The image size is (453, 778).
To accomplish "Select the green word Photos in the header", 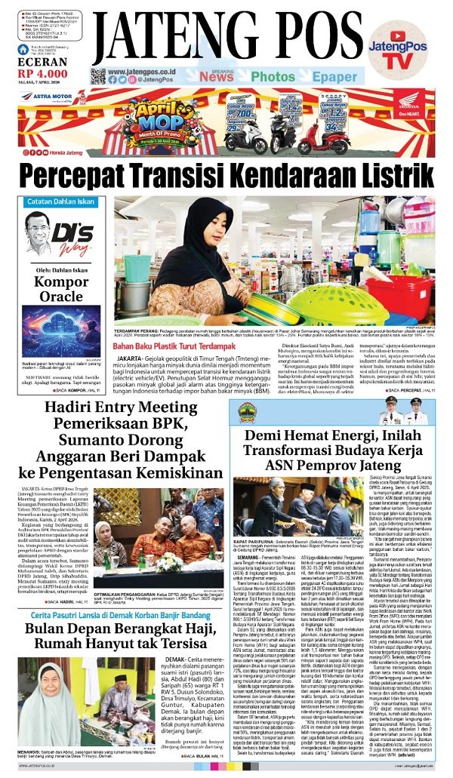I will pyautogui.click(x=273, y=76).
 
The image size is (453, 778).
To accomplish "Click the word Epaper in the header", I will pyautogui.click(x=334, y=76).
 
